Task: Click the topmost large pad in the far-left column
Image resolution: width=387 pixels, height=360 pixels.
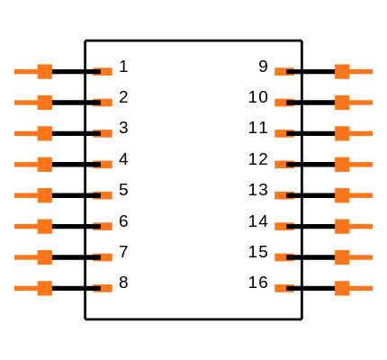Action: (x=44, y=71)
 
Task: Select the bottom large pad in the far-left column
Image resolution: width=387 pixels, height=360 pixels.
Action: (x=44, y=288)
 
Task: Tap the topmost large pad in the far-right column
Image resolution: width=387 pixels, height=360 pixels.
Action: (x=342, y=71)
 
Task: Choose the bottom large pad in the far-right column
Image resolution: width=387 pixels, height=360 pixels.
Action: (x=342, y=288)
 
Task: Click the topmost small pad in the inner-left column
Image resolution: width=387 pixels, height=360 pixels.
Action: (x=105, y=71)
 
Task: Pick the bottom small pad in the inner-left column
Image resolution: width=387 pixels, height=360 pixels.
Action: (x=105, y=288)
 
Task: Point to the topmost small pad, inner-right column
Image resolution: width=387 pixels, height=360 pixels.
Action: (x=282, y=71)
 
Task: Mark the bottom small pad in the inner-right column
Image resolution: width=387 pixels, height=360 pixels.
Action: (x=282, y=288)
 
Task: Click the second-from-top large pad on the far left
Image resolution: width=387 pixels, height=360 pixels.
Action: (x=44, y=103)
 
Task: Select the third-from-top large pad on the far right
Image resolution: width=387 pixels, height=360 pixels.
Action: (x=342, y=133)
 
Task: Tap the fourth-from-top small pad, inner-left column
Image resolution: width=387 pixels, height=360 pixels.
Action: (x=105, y=165)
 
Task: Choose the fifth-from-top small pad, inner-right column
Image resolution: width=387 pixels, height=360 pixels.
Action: (x=282, y=195)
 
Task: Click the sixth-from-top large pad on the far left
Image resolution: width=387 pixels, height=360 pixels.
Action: (x=44, y=226)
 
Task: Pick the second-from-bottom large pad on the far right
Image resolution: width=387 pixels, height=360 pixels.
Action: (x=342, y=257)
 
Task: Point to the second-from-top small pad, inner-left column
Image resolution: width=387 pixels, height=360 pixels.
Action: (x=105, y=103)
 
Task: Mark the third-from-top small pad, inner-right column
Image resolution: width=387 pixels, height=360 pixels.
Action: (x=282, y=133)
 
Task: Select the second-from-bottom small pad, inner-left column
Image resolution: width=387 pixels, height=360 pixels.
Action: (x=105, y=257)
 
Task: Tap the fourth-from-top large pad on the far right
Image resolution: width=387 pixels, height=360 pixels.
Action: (x=342, y=165)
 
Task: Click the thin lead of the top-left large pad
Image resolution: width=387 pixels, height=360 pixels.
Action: (x=24, y=71)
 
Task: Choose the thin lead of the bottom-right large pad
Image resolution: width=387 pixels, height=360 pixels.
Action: (x=362, y=288)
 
